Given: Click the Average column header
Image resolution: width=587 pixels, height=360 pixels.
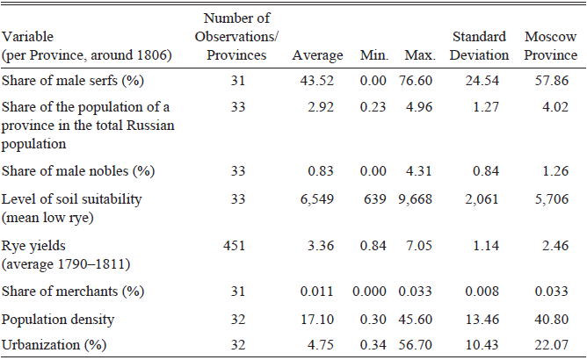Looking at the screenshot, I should (318, 55).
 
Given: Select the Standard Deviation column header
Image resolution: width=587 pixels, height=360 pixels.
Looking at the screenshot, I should (480, 47).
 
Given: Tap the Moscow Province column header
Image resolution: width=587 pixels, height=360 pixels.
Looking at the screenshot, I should (551, 47).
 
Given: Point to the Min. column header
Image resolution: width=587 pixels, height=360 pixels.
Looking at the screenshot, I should (374, 55).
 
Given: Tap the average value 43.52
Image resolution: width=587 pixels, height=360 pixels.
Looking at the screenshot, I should (318, 82).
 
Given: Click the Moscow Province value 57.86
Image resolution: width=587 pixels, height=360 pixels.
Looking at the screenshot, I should (551, 82).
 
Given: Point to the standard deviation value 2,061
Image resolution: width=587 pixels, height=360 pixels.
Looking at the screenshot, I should (480, 199).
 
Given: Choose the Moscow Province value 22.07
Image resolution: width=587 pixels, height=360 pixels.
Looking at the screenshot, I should (551, 347).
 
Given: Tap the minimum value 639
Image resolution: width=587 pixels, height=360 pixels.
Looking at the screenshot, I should (378, 199).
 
